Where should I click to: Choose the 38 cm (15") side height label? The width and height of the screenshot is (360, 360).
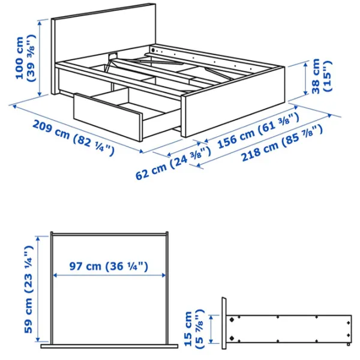tap(320, 76)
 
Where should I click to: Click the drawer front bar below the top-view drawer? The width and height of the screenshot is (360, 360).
tap(109, 346)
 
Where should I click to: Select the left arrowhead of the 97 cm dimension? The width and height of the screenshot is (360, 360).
tap(55, 275)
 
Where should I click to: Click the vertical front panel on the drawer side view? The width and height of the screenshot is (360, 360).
tap(223, 324)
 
